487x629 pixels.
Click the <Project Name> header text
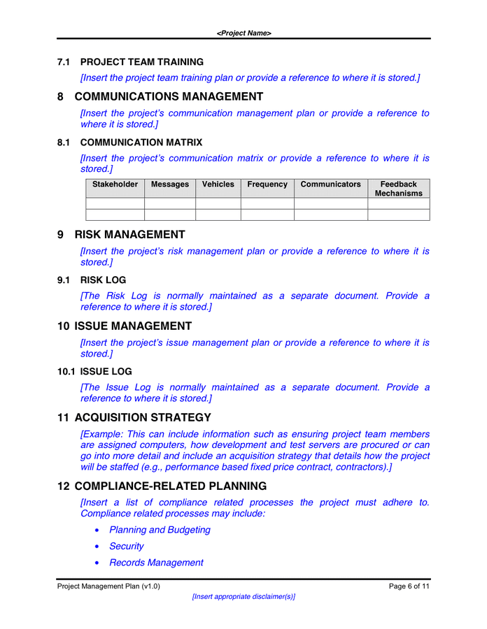(x=243, y=33)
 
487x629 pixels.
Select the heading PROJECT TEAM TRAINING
(x=141, y=62)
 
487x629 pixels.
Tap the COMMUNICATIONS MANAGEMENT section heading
(x=169, y=96)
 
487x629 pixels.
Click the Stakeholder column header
(x=115, y=185)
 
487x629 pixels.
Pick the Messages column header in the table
(x=170, y=185)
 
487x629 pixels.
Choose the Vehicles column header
(x=218, y=185)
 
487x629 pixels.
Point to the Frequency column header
(x=267, y=185)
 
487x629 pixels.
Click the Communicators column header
(x=330, y=185)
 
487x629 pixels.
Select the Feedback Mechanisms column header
(x=398, y=189)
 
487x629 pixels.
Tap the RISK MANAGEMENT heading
(x=129, y=235)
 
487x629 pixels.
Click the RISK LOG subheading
(x=103, y=280)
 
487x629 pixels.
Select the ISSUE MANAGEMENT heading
(x=133, y=326)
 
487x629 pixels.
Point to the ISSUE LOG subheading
(x=106, y=372)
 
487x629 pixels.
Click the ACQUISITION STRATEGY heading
(x=143, y=418)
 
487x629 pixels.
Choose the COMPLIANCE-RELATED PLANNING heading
(x=170, y=486)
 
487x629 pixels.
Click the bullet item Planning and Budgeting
(x=160, y=530)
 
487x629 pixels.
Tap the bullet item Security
(x=127, y=546)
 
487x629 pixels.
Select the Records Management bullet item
(x=156, y=563)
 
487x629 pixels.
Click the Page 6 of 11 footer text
(x=409, y=586)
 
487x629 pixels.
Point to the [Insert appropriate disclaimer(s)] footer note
(x=243, y=597)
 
